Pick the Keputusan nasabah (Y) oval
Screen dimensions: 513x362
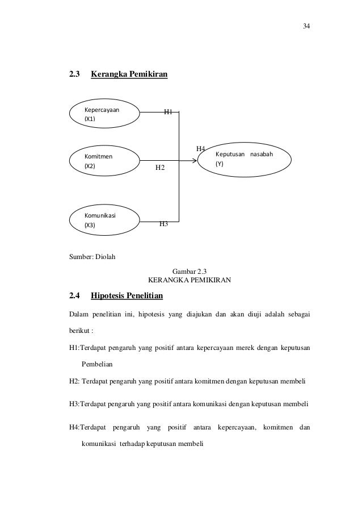tap(245, 159)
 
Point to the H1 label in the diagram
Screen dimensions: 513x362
tap(168, 112)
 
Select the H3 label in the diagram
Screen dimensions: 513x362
tap(163, 224)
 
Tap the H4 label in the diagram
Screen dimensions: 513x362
tap(200, 149)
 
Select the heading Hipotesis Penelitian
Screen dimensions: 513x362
tap(127, 296)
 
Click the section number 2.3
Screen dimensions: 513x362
tap(75, 74)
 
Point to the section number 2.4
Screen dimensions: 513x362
tap(75, 296)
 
